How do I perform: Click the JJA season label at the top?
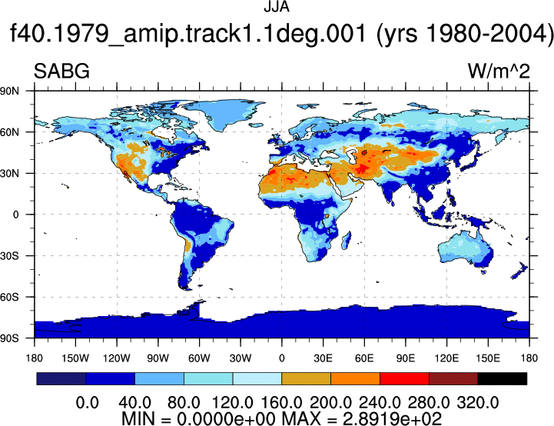click(x=277, y=7)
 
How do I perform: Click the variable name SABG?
click(x=61, y=71)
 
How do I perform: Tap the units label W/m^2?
click(x=499, y=71)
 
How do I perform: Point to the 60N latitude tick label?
click(x=10, y=132)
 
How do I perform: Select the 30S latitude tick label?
click(x=10, y=255)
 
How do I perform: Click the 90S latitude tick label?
click(x=10, y=338)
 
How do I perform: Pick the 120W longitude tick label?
click(x=117, y=358)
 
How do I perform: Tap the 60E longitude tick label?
click(x=364, y=358)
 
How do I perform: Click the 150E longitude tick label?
click(x=488, y=358)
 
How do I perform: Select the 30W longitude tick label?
click(x=241, y=358)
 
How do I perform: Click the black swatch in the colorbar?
click(x=502, y=378)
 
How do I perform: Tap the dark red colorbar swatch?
click(x=453, y=378)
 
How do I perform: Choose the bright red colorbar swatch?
click(x=404, y=378)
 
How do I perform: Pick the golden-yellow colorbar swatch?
click(x=306, y=378)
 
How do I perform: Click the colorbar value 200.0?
click(x=330, y=403)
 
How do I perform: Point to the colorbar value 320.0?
click(x=478, y=403)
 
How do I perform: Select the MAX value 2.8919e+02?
click(x=392, y=419)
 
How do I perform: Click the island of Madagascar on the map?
click(x=347, y=241)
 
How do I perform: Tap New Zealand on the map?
click(x=519, y=271)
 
